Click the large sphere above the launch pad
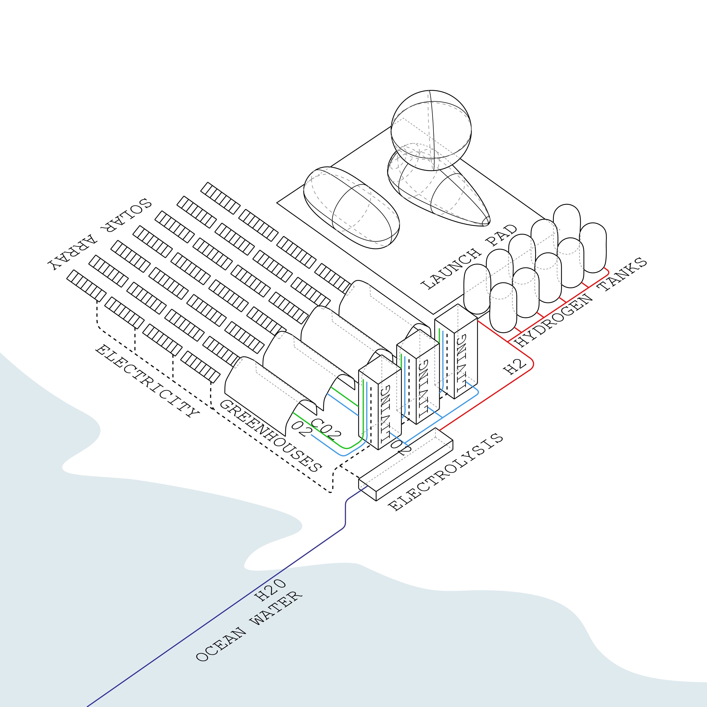[431, 130]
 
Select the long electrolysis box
[405, 464]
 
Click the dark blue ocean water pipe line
[220, 614]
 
